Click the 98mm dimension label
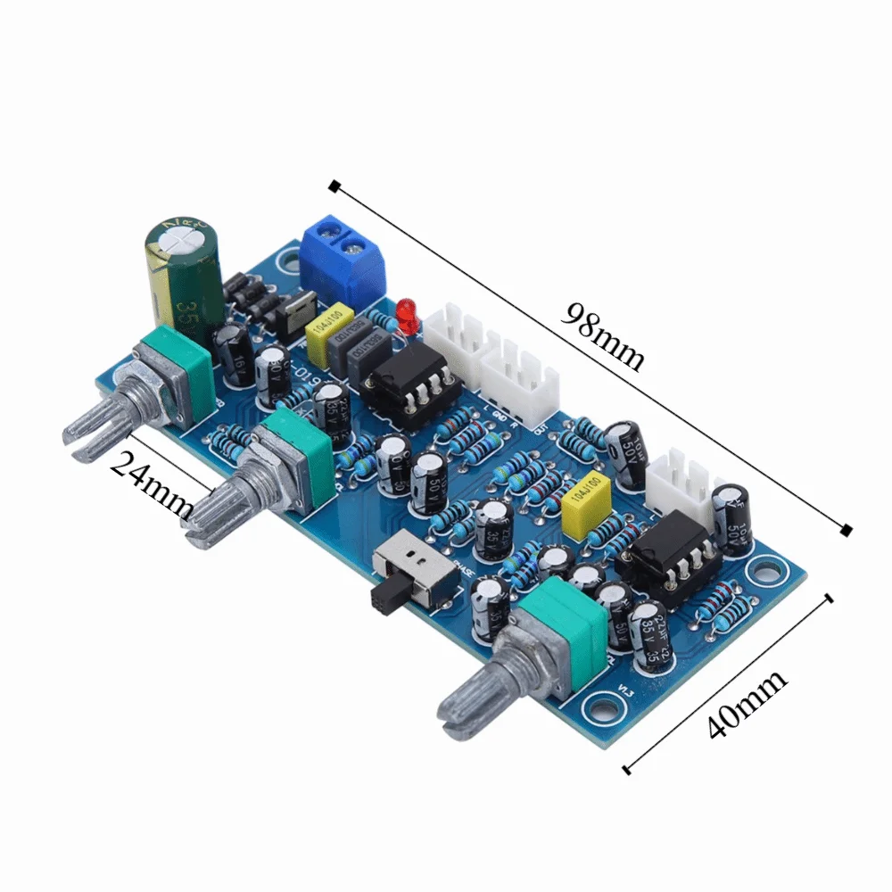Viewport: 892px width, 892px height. pos(603,336)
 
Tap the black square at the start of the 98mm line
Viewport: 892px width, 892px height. pos(334,186)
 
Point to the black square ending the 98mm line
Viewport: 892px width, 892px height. pos(846,531)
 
